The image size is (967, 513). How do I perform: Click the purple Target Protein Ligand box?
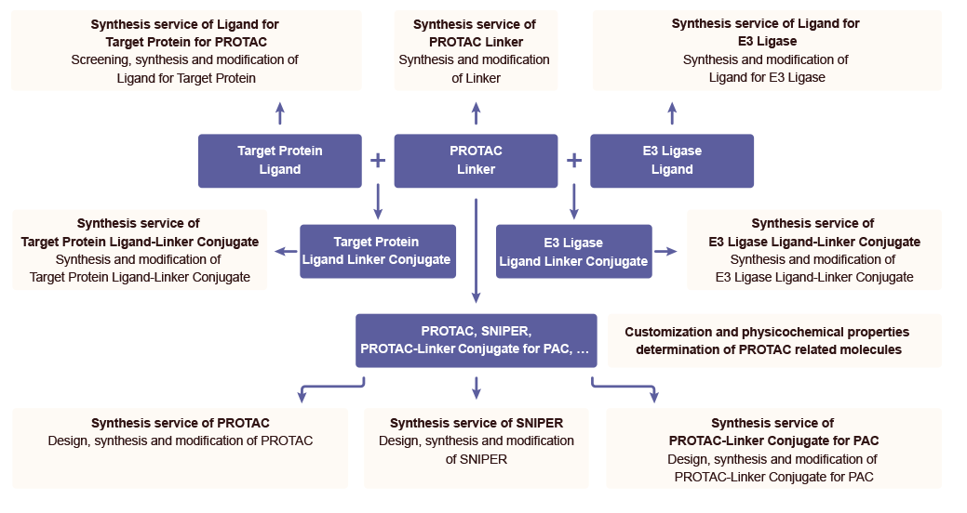tap(279, 160)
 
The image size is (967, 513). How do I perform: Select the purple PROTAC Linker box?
tap(476, 160)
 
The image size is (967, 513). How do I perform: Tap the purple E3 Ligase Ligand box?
tap(672, 160)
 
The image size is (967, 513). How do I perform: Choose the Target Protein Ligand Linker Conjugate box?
tap(377, 251)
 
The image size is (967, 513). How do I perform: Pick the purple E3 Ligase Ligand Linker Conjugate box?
tap(573, 251)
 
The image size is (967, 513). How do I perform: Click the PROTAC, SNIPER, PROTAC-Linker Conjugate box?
tap(476, 340)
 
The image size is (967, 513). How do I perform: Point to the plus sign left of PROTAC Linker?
tap(378, 160)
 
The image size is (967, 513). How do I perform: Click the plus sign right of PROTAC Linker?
tap(574, 160)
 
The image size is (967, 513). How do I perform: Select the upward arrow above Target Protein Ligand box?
tap(280, 113)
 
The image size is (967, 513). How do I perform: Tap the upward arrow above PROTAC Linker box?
tap(476, 113)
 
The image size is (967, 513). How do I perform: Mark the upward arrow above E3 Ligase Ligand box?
tap(672, 113)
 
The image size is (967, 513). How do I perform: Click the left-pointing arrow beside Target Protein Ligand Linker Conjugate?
tap(282, 251)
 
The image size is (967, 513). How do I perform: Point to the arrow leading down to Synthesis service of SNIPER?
tap(477, 387)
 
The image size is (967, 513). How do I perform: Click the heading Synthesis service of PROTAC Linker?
tap(475, 33)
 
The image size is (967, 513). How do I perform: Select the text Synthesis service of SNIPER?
tap(477, 423)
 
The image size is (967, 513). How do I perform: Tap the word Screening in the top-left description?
tap(101, 59)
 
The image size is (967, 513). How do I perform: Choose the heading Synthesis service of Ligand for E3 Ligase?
tap(765, 33)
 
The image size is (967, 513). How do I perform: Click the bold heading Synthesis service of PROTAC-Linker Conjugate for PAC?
tap(772, 431)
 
